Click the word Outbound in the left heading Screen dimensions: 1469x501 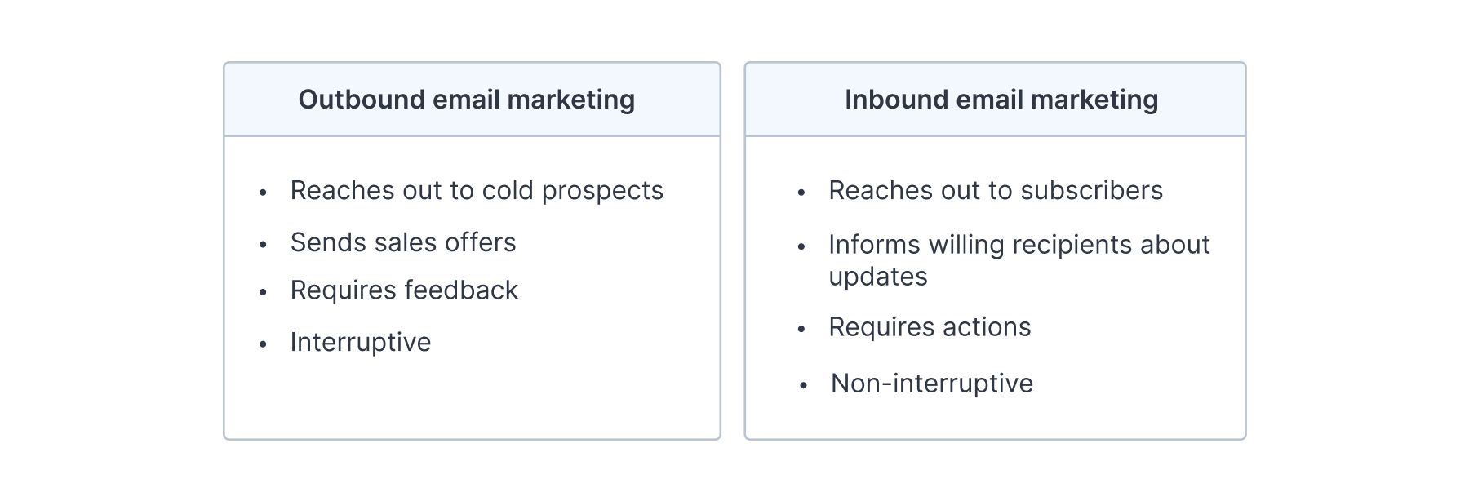(x=362, y=100)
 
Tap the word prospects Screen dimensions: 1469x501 (x=602, y=192)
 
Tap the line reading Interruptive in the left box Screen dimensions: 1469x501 (x=361, y=343)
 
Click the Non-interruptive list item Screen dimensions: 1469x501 (x=932, y=384)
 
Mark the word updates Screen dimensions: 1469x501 (x=878, y=277)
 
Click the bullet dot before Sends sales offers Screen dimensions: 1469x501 (x=263, y=244)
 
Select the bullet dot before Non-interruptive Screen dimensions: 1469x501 (x=803, y=385)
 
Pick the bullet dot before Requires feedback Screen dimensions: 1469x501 (x=263, y=291)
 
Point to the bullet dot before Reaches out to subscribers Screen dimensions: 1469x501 (x=801, y=193)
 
